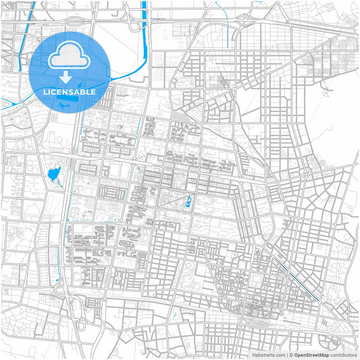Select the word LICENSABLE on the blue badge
pos(70,91)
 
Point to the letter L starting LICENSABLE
pos(45,91)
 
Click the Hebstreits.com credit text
pos(269,355)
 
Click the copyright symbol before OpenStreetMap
pos(290,355)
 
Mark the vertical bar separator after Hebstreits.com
pos(286,355)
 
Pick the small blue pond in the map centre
pos(188,201)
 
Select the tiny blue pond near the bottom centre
pos(174,314)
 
